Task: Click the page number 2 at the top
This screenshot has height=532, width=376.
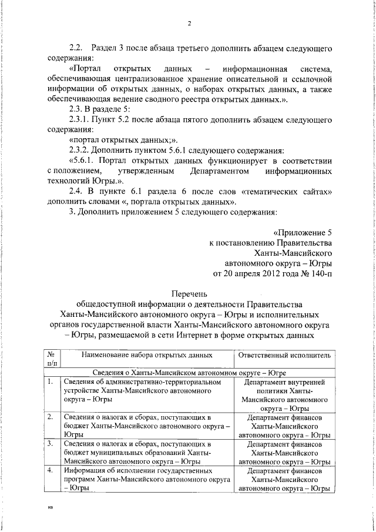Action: click(x=189, y=24)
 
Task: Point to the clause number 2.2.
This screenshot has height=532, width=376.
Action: click(x=78, y=48)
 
